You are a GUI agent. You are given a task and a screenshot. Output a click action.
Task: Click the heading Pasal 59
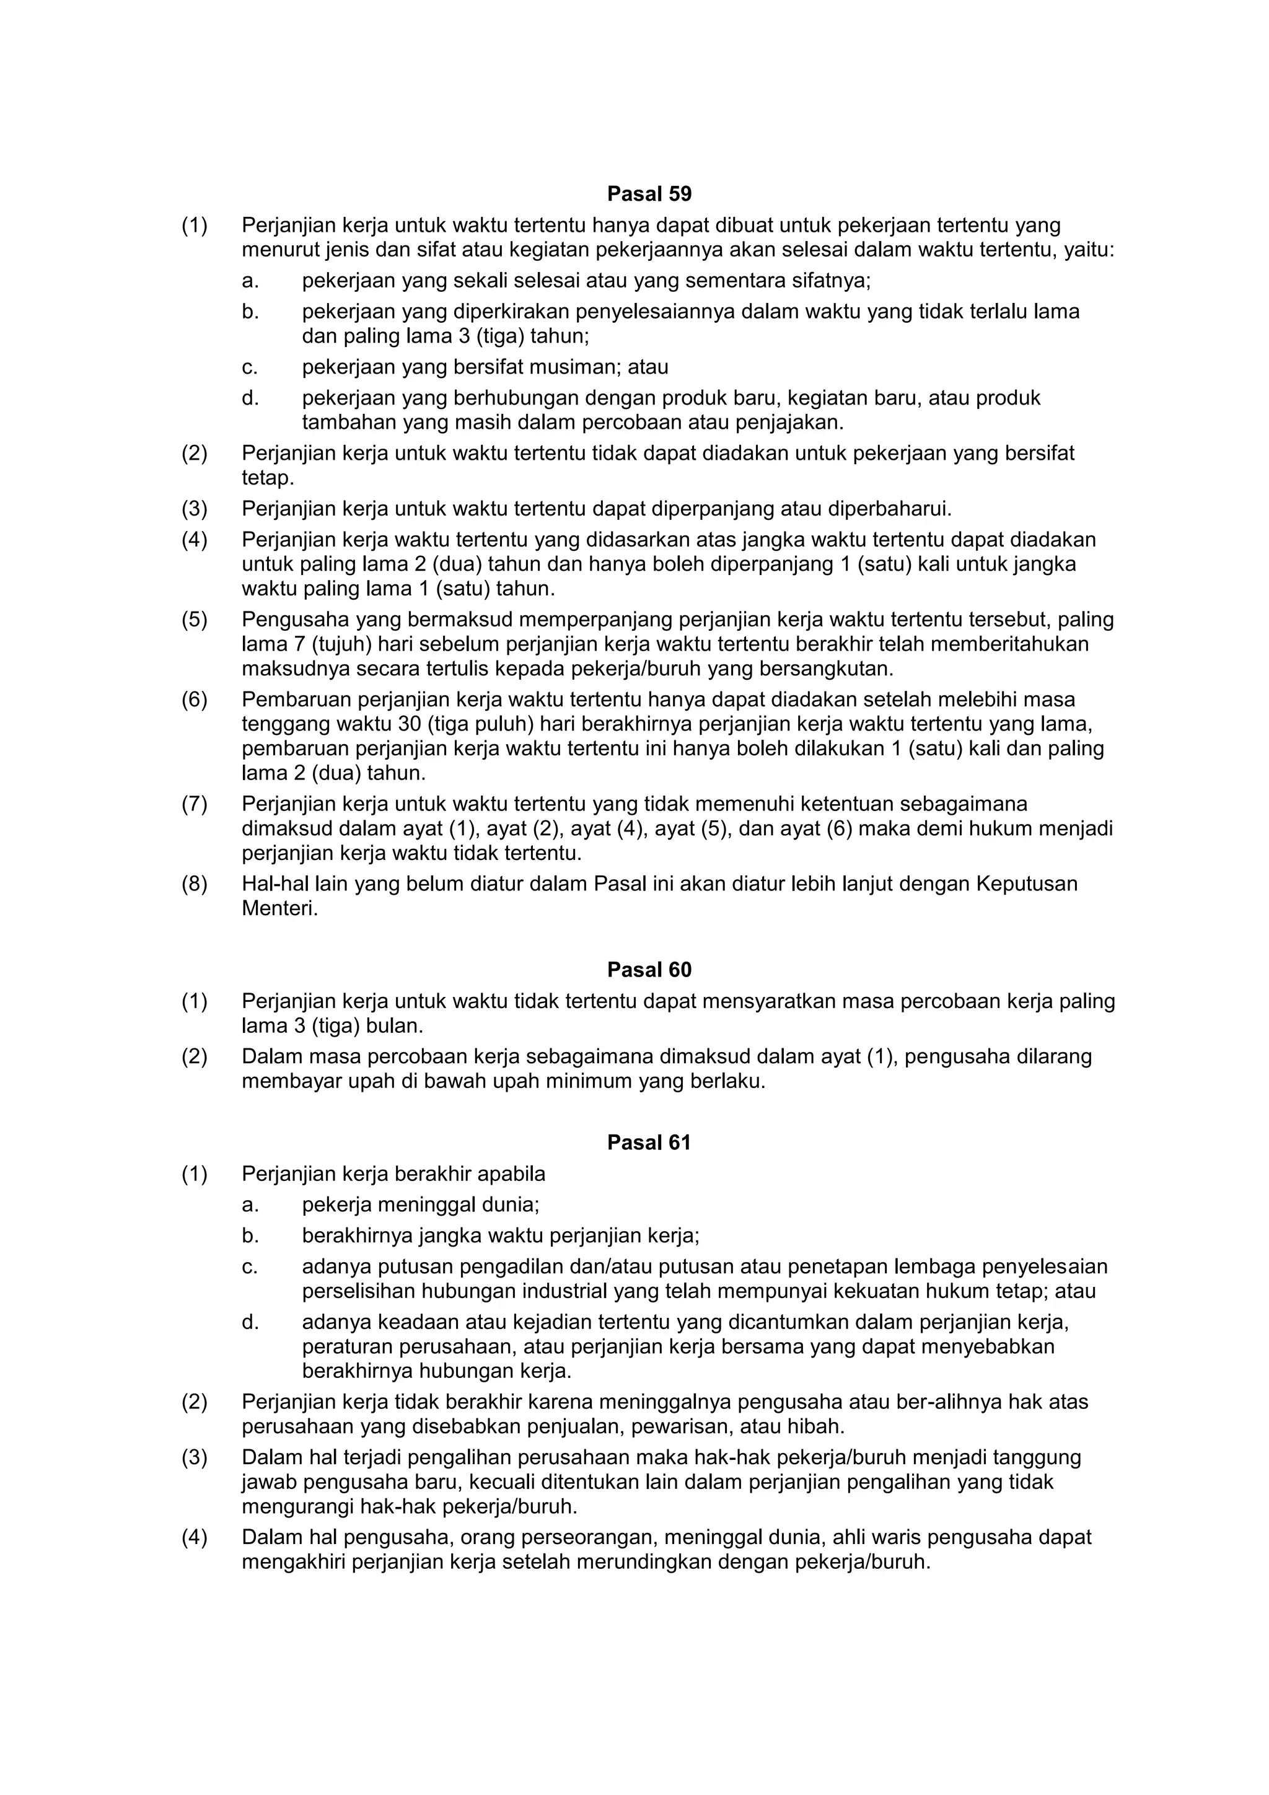pos(649,193)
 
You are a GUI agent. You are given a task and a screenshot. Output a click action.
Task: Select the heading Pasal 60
pos(649,970)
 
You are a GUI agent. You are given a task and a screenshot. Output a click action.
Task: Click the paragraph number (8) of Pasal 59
pos(195,884)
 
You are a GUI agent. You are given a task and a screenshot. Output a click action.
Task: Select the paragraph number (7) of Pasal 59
pos(195,804)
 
